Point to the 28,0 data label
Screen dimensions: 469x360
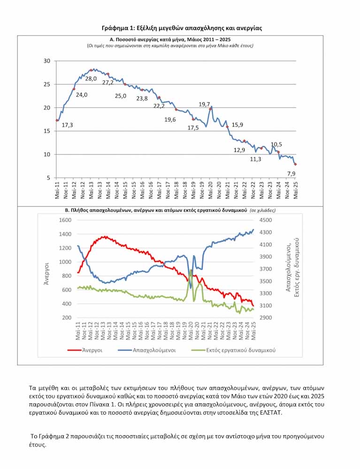pos(91,78)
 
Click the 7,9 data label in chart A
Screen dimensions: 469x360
pos(291,174)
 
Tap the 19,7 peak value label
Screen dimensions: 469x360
pos(204,104)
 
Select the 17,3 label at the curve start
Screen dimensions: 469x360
pos(67,125)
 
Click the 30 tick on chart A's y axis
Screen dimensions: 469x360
pos(46,61)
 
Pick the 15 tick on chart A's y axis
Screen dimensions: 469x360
pos(46,131)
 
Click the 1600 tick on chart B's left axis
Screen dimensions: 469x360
pos(65,220)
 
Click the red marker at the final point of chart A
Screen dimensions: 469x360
pos(295,164)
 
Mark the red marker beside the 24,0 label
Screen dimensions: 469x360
pos(74,89)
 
